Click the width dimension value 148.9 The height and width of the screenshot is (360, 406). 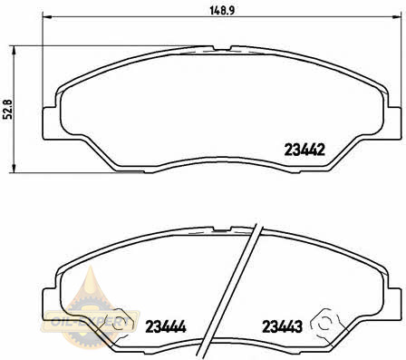pyautogui.click(x=222, y=11)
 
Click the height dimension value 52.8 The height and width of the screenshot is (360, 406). pyautogui.click(x=7, y=109)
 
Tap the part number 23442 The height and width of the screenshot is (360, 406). pyautogui.click(x=304, y=150)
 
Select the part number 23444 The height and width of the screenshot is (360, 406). pyautogui.click(x=166, y=326)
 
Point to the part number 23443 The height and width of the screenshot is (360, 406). pyautogui.click(x=282, y=326)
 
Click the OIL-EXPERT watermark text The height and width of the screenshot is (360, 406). pyautogui.click(x=91, y=321)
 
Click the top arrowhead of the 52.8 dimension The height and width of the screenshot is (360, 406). pyautogui.click(x=13, y=51)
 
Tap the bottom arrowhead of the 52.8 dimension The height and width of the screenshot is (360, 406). pyautogui.click(x=13, y=168)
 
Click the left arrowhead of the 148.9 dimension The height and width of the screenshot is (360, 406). pyautogui.click(x=48, y=16)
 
